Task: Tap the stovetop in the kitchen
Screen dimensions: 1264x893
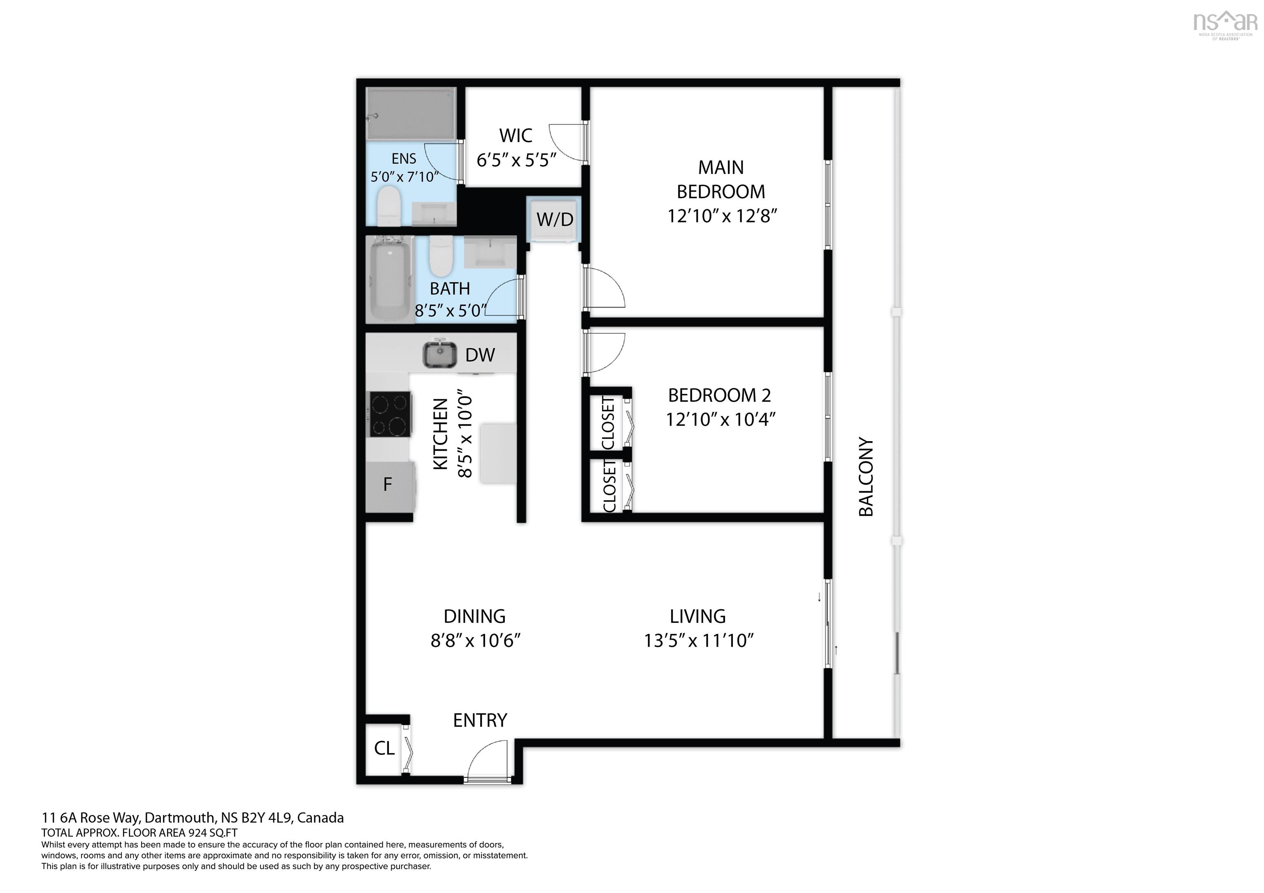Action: (x=389, y=414)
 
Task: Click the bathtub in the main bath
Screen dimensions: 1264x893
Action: (x=390, y=280)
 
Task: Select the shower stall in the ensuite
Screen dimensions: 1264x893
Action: (x=411, y=113)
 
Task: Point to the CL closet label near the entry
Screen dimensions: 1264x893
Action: (x=384, y=748)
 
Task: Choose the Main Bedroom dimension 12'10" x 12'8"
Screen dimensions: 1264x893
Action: (x=722, y=216)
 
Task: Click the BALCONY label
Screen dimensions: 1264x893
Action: (x=866, y=477)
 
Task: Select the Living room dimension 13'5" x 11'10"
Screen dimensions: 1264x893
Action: (x=699, y=641)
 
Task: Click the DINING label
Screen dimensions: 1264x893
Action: (x=474, y=616)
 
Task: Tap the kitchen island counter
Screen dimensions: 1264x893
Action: (x=498, y=453)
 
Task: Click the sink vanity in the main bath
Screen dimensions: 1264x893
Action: (x=490, y=252)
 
